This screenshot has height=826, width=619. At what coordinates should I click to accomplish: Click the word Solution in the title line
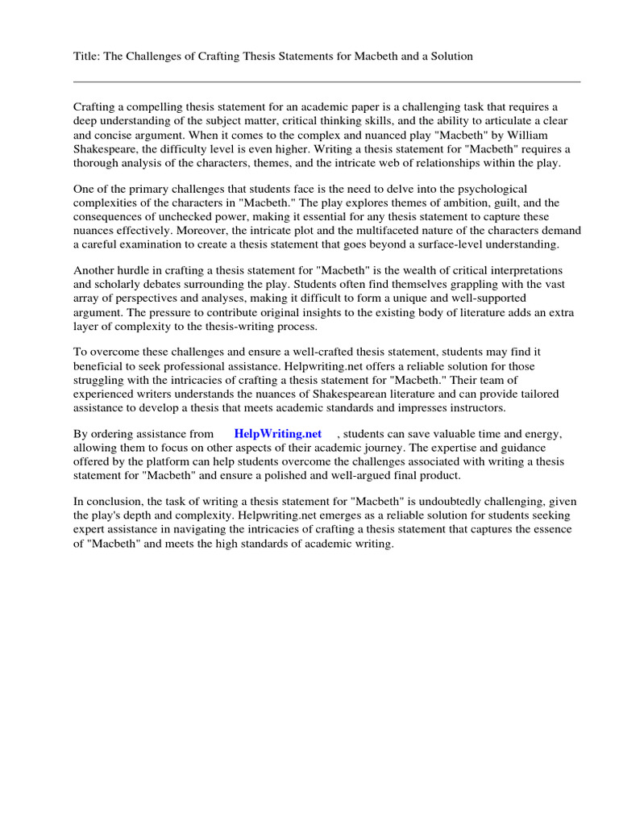pyautogui.click(x=449, y=56)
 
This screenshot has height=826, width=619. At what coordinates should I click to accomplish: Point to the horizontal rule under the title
pyautogui.click(x=326, y=81)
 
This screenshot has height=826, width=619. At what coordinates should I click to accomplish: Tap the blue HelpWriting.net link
pyautogui.click(x=277, y=433)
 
